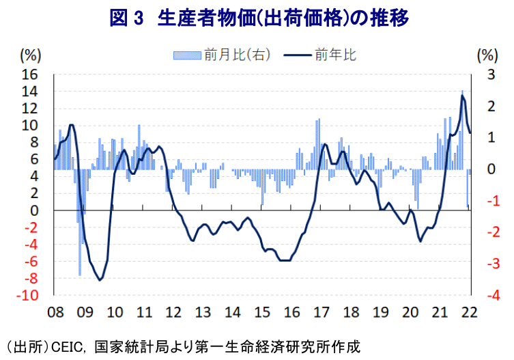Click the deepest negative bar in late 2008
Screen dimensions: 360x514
tap(80, 275)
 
